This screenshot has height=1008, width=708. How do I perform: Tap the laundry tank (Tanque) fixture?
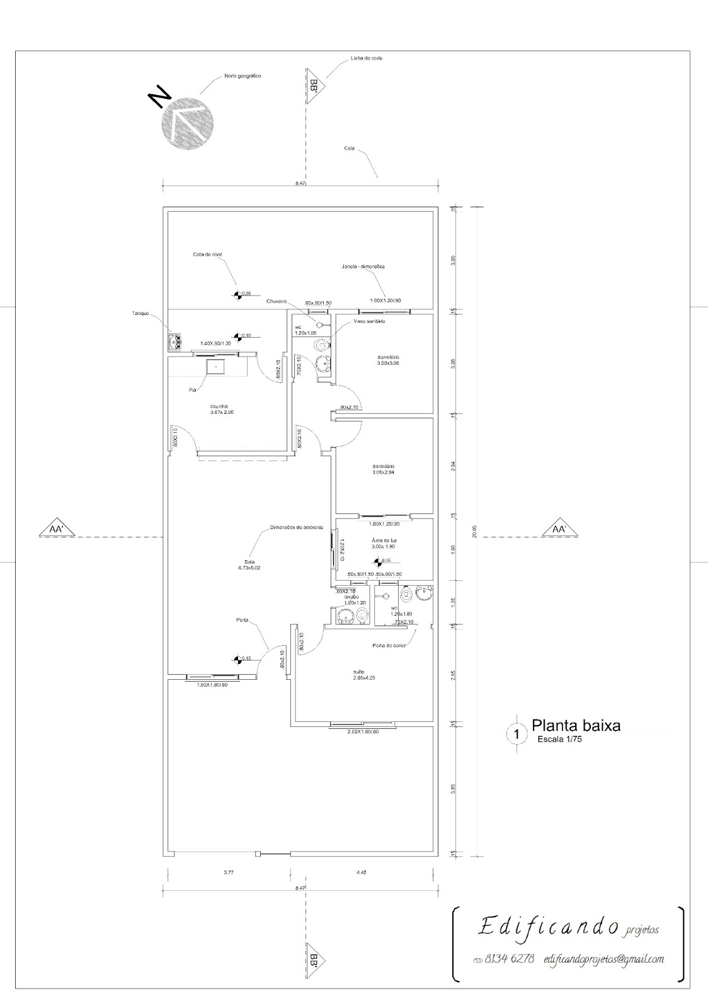[175, 342]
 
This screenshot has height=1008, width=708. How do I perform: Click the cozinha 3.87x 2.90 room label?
[222, 409]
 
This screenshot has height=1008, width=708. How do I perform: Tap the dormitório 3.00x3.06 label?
[388, 360]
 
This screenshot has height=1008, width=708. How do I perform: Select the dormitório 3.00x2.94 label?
[384, 469]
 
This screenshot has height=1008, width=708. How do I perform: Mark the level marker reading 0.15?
[237, 659]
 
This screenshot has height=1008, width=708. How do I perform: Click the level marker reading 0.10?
[237, 336]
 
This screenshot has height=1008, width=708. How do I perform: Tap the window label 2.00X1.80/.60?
[363, 732]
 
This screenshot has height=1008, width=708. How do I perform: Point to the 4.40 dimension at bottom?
[362, 873]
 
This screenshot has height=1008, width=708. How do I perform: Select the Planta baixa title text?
[576, 725]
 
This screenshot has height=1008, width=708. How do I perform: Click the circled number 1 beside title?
[517, 734]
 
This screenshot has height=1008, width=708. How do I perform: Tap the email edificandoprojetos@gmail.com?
[603, 959]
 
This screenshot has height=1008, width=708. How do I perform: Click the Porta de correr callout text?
[389, 646]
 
